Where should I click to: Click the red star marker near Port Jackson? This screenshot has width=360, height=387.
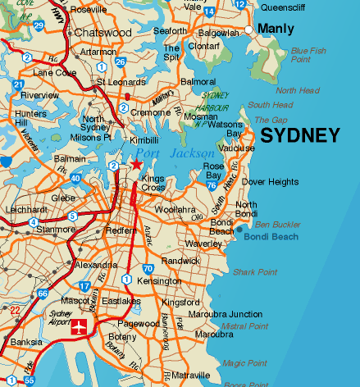[136, 164]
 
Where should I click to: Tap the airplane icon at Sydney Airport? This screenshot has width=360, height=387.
[80, 329]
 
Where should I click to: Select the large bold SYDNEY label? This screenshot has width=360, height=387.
[299, 136]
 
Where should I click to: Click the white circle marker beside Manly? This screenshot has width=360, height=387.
[248, 30]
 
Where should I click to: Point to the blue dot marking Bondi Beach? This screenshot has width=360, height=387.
[239, 237]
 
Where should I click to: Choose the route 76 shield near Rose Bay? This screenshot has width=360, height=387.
[212, 186]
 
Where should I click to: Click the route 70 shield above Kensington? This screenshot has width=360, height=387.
[148, 268]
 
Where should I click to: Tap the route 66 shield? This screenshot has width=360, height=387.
[43, 294]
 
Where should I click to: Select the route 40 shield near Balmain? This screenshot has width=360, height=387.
[75, 177]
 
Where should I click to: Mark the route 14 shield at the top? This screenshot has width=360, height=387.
[210, 12]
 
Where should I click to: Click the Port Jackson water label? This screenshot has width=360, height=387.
[175, 154]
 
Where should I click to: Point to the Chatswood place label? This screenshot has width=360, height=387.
[103, 33]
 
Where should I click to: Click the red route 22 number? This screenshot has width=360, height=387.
[15, 310]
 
